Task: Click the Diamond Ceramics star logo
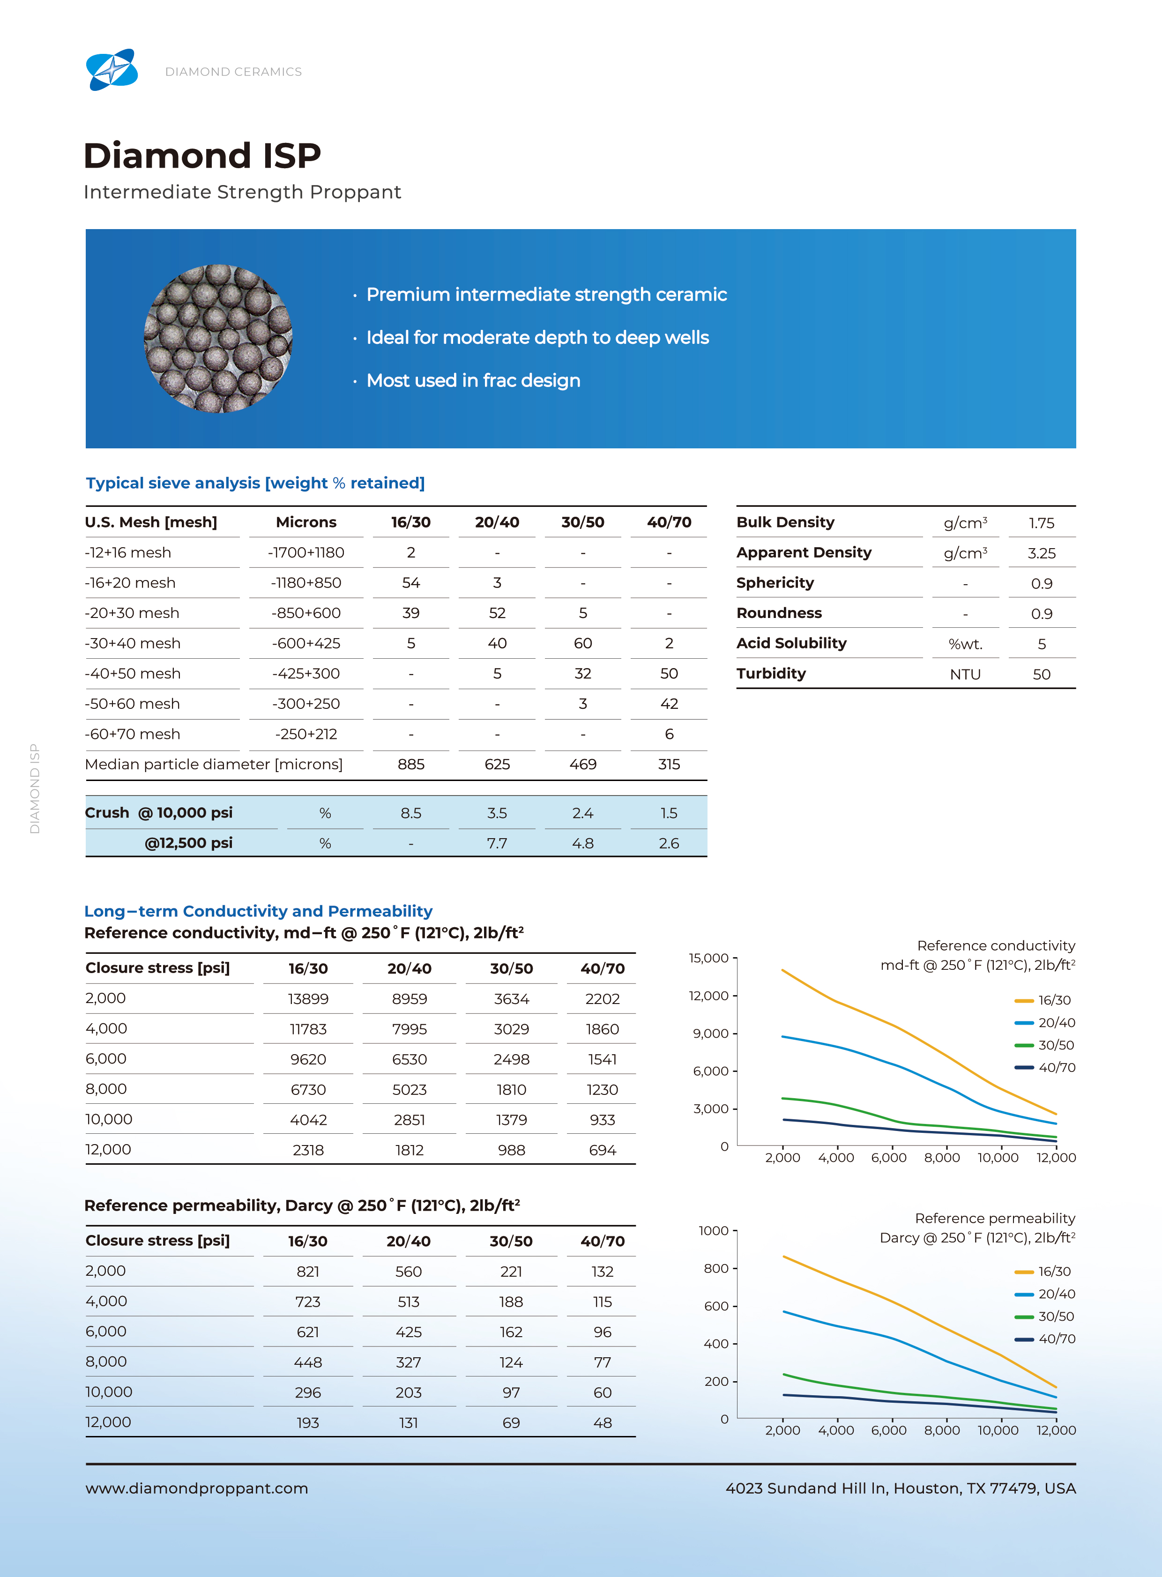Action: click(112, 70)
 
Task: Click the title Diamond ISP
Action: click(202, 156)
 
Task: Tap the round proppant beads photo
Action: click(218, 338)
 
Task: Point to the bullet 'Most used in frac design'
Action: click(473, 380)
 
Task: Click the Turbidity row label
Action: click(771, 673)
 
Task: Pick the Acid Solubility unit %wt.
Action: click(965, 644)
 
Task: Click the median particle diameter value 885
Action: click(411, 765)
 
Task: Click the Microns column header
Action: click(306, 522)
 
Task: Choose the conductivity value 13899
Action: click(308, 999)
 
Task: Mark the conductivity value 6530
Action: click(410, 1059)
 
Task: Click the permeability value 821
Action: click(308, 1272)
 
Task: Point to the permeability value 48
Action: click(603, 1423)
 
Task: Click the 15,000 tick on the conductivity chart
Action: click(708, 958)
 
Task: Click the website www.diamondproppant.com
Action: click(197, 1488)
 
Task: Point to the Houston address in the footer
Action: click(901, 1488)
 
